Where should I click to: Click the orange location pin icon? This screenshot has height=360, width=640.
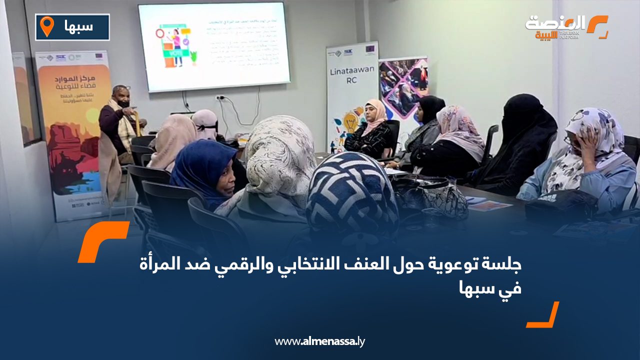(x=46, y=26)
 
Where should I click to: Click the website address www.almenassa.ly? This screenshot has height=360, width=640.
(x=320, y=341)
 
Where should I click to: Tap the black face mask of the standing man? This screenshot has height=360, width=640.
(x=123, y=104)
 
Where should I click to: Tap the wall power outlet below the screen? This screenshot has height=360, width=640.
(x=220, y=97)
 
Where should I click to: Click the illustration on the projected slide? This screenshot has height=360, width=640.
(x=175, y=45)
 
